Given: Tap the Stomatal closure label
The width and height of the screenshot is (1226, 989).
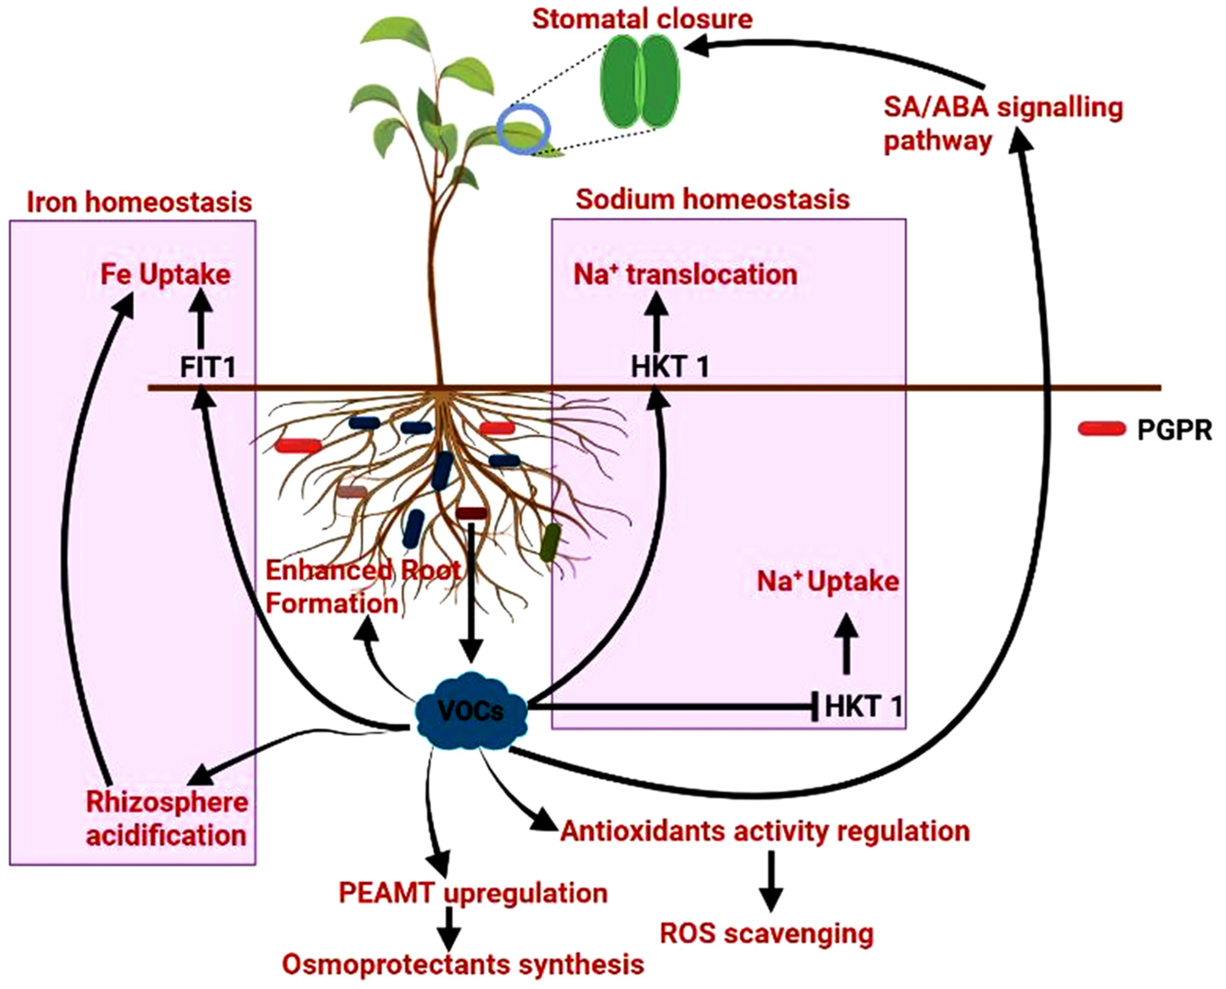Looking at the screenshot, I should [642, 19].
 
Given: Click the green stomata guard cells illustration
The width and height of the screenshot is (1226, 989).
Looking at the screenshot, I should [640, 81].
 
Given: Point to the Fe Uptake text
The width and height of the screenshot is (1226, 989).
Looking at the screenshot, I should [165, 275].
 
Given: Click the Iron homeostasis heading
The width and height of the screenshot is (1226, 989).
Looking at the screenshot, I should [139, 202].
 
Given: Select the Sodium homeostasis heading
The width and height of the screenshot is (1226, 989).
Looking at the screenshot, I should [713, 200].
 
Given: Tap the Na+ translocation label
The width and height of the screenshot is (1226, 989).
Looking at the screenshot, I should [685, 275].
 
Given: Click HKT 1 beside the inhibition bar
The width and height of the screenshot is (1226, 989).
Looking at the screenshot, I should [863, 706].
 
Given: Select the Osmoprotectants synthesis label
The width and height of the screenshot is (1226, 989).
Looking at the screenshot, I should [463, 965].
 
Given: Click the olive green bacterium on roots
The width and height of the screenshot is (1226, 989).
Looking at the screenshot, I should [550, 542].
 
